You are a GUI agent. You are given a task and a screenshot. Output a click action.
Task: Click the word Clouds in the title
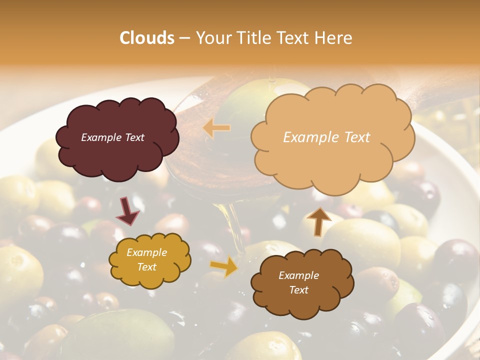tap(147, 38)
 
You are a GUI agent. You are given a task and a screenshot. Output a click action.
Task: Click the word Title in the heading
tap(250, 38)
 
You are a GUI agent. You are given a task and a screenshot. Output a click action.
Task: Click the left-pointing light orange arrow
tap(216, 128)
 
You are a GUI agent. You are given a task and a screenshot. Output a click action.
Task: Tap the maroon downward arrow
tap(128, 211)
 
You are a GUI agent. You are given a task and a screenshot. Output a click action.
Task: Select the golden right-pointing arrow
tap(224, 266)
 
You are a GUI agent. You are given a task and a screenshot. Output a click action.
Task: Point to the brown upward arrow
tap(318, 221)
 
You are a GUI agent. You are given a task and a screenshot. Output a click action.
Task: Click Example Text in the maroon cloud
tap(112, 137)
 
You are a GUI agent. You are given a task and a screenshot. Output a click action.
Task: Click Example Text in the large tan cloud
tap(326, 137)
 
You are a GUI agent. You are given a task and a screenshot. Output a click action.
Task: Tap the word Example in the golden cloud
tap(146, 252)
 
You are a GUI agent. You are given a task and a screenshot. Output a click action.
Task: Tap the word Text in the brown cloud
tap(298, 290)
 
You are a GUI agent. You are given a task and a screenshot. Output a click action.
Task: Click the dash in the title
tap(184, 38)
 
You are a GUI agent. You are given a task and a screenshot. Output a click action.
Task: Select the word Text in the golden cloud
tap(146, 267)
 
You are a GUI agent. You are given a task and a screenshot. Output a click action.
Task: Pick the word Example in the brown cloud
tap(298, 275)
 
